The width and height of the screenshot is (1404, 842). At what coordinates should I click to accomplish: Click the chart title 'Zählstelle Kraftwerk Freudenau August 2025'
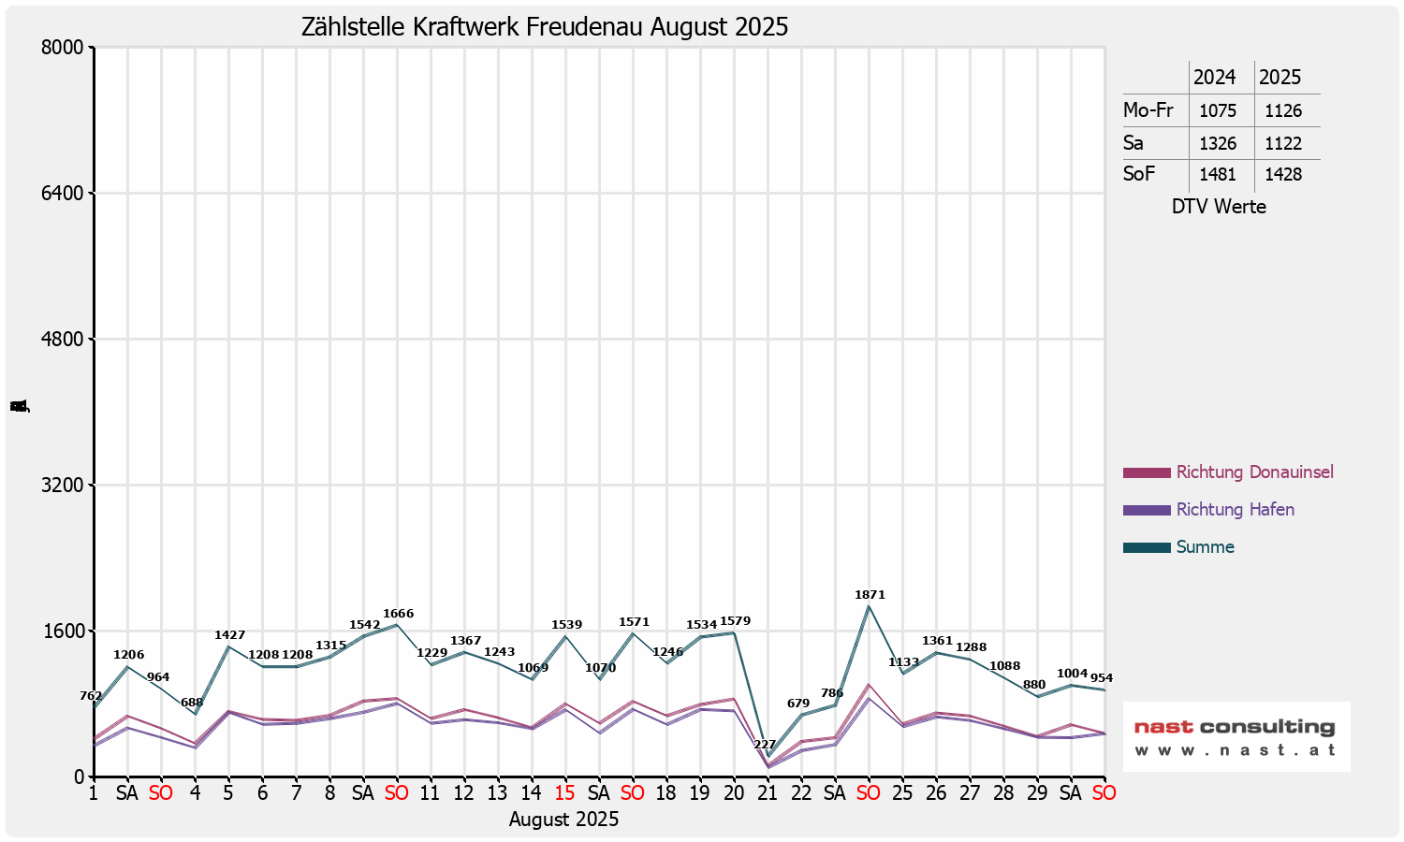[544, 27]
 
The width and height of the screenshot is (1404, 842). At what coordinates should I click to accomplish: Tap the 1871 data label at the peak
[870, 595]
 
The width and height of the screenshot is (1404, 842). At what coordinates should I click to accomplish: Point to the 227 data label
[765, 745]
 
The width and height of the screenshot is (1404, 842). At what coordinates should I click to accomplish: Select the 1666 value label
[398, 615]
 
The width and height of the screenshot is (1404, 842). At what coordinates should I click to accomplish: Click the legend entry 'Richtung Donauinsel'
[1254, 472]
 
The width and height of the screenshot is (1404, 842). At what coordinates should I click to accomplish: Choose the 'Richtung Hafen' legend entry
[1235, 510]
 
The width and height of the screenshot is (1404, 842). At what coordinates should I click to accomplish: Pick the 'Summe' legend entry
[1205, 547]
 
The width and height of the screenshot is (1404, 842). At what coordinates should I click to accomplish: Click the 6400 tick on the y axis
[65, 194]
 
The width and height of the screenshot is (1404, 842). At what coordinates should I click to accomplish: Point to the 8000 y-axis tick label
[65, 48]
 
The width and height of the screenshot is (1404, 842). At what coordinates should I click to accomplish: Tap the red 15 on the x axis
[564, 793]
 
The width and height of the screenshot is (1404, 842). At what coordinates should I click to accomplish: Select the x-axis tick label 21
[768, 793]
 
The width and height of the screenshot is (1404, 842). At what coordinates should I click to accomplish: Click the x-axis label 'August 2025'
[563, 820]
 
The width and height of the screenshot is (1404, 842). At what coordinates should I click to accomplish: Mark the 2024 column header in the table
[1214, 78]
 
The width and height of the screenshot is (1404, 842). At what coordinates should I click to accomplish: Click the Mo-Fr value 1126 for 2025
[1283, 111]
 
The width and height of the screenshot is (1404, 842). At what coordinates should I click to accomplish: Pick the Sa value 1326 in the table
[1218, 144]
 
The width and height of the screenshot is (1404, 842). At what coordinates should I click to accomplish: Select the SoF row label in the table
[1139, 174]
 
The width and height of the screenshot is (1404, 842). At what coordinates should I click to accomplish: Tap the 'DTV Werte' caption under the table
[1219, 207]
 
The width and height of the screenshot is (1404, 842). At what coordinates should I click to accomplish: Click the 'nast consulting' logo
[1236, 736]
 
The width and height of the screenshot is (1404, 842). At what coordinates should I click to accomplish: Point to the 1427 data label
[229, 635]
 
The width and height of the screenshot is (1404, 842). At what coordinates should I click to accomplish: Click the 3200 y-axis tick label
[65, 486]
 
